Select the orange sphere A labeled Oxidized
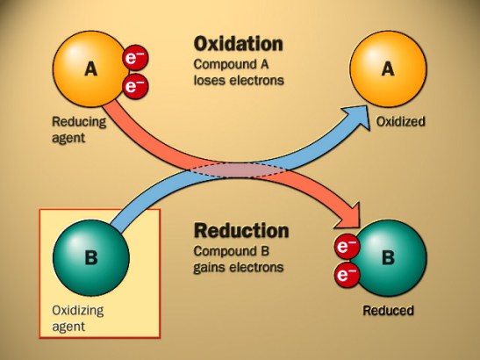click(x=389, y=68)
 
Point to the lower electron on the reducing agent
click(x=136, y=85)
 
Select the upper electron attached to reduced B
click(x=346, y=247)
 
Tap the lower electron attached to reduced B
click(x=346, y=276)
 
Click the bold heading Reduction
click(x=240, y=232)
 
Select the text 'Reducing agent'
click(x=79, y=130)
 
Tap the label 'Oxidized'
click(x=400, y=122)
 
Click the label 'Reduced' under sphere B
click(x=388, y=310)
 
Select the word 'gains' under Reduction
click(x=211, y=267)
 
